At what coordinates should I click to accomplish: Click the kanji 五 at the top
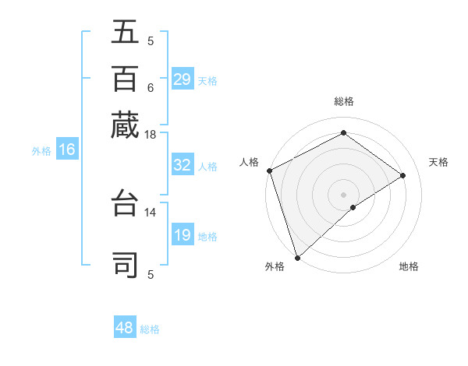pyautogui.click(x=125, y=32)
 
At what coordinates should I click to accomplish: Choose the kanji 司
pyautogui.click(x=125, y=262)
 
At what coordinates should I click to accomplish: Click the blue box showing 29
pyautogui.click(x=182, y=79)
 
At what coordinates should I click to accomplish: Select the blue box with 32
pyautogui.click(x=182, y=165)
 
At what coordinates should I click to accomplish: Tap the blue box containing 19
pyautogui.click(x=182, y=235)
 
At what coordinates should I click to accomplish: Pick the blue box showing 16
pyautogui.click(x=67, y=150)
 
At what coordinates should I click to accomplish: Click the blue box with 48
pyautogui.click(x=125, y=328)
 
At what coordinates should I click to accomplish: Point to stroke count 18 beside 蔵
pyautogui.click(x=151, y=135)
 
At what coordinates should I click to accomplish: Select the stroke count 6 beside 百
pyautogui.click(x=151, y=87)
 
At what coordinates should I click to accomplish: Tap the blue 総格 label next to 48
pyautogui.click(x=150, y=329)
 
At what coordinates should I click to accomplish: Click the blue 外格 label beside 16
pyautogui.click(x=41, y=151)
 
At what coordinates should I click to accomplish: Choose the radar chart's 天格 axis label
pyautogui.click(x=439, y=162)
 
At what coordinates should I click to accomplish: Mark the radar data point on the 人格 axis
pyautogui.click(x=269, y=171)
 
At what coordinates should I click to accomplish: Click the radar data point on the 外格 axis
pyautogui.click(x=297, y=258)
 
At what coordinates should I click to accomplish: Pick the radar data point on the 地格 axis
pyautogui.click(x=353, y=207)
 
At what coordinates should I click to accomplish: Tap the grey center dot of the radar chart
pyautogui.click(x=343, y=194)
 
